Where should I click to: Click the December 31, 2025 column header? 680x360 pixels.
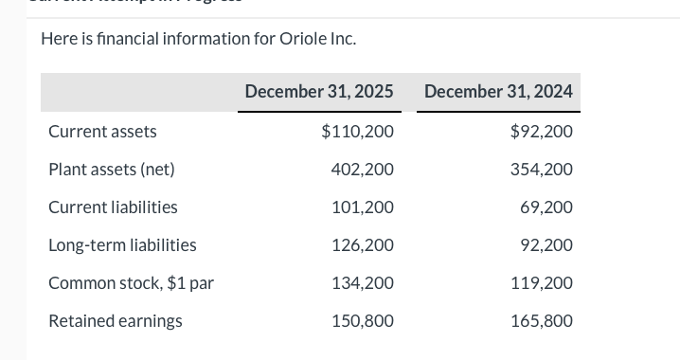pos(319,92)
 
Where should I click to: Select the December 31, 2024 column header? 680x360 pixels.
pos(498,92)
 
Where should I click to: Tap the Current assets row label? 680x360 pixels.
pos(102,132)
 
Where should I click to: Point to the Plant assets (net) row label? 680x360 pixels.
pos(112,170)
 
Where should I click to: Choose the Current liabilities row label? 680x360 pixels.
pos(113,207)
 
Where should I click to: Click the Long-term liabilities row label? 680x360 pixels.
pos(122,245)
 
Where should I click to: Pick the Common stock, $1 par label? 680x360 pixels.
pos(131,283)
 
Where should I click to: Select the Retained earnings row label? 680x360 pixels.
pos(116,321)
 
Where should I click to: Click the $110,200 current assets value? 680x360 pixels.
pos(358,132)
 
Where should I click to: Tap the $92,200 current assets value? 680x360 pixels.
pos(541,132)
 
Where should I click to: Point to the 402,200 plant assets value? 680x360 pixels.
pos(363,170)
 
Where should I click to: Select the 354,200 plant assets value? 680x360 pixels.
pos(542,170)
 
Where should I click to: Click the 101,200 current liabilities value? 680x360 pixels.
pos(363,207)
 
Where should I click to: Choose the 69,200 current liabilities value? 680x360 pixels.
pos(546,207)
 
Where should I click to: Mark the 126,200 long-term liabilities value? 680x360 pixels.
pos(363,245)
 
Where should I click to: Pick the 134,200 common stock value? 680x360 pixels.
pos(363,283)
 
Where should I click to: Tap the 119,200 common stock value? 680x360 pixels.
pos(542,283)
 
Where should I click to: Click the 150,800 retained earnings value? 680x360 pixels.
pos(363,321)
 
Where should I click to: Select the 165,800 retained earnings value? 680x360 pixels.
pos(542,321)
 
